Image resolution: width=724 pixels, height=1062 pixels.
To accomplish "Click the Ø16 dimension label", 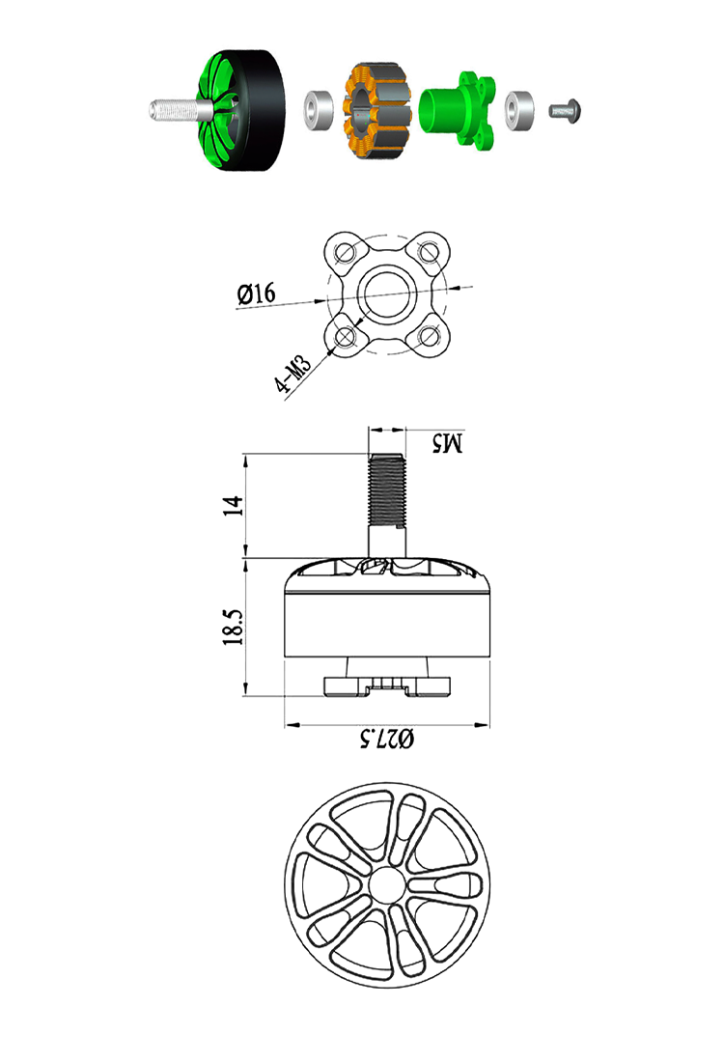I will tap(256, 293).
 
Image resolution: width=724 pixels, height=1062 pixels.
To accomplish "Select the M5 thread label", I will tap(447, 443).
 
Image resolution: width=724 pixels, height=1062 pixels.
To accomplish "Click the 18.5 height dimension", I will tap(231, 628).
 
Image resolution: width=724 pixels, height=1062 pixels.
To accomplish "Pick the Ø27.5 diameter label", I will tap(386, 740).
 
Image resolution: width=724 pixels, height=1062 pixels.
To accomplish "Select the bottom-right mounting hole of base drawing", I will tap(429, 336).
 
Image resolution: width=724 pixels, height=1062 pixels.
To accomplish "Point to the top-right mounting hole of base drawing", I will tap(429, 253).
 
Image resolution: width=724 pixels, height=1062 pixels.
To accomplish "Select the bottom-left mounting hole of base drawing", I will tap(345, 336).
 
